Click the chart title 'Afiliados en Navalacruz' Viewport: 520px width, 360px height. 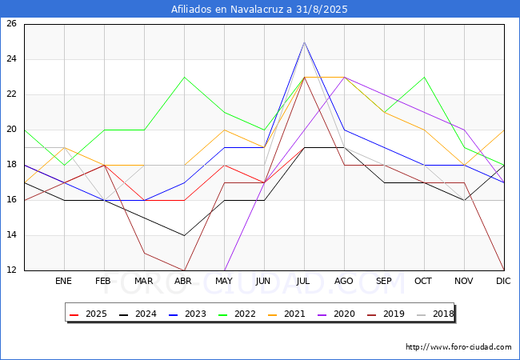tap(259, 10)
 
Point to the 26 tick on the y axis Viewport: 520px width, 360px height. tap(11, 24)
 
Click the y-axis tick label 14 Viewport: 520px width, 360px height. tap(11, 235)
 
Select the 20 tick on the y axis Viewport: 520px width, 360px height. tap(11, 130)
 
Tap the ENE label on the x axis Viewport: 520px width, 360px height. tap(64, 282)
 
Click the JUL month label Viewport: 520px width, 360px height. tap(304, 282)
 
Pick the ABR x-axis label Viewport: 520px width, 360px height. tap(184, 282)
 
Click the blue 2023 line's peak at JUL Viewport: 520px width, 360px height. tap(304, 42)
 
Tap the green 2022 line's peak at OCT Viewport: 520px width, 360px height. tap(424, 77)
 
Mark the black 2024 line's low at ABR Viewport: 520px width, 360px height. tap(184, 235)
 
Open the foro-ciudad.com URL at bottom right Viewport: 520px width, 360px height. tap(458, 347)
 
